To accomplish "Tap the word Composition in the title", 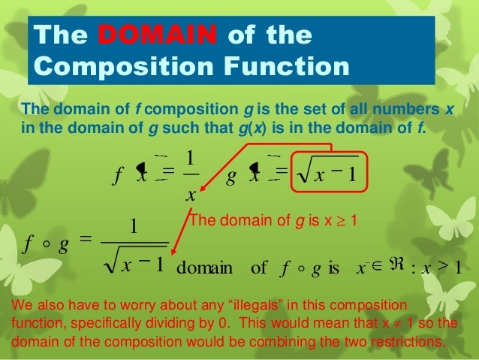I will pyautogui.click(x=109, y=67).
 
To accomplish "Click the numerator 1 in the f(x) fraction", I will pyautogui.click(x=191, y=158).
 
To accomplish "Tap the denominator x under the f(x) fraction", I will pyautogui.click(x=191, y=195).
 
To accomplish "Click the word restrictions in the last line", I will pyautogui.click(x=396, y=342).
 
